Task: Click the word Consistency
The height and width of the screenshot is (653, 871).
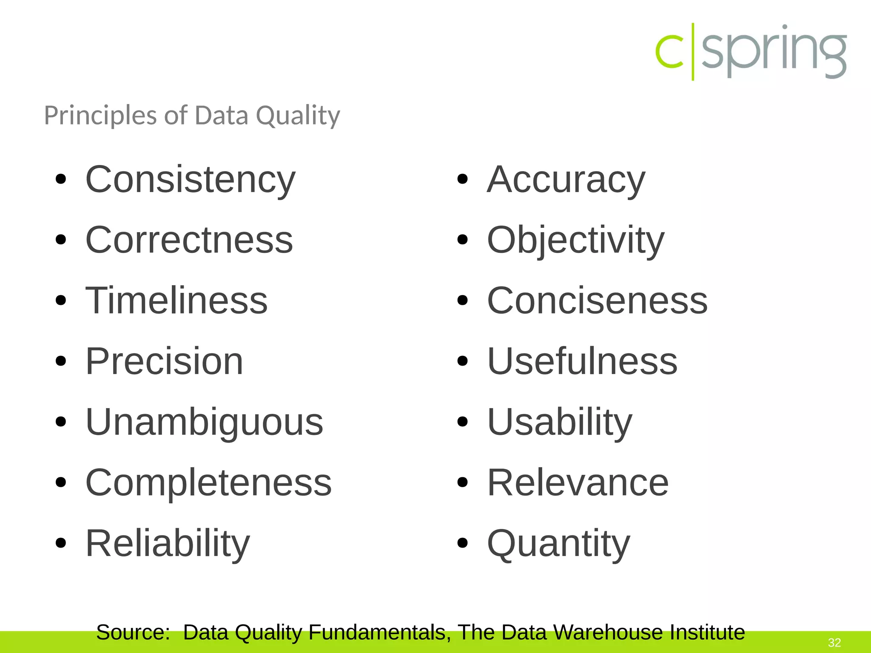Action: tap(190, 180)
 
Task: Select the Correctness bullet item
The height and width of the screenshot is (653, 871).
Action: tap(189, 240)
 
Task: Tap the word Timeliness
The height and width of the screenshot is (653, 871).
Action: tap(176, 301)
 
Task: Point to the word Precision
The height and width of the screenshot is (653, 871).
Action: tap(164, 361)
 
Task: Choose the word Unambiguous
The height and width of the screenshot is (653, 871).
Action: tap(204, 422)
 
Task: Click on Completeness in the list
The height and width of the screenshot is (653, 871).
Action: tap(208, 483)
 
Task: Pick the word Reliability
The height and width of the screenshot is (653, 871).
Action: tap(168, 543)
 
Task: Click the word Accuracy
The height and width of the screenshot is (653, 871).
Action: tap(566, 180)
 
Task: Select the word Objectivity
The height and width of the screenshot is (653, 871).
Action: tap(575, 240)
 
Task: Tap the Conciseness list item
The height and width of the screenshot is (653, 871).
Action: tap(597, 301)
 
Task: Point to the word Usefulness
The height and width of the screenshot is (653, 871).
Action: tap(582, 361)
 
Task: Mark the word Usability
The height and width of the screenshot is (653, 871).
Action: tap(560, 422)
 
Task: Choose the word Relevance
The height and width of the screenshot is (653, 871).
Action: tap(578, 483)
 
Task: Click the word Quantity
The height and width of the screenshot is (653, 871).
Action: tap(558, 543)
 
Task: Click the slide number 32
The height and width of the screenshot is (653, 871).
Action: tap(834, 642)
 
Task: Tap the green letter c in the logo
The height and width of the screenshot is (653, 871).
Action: tap(669, 51)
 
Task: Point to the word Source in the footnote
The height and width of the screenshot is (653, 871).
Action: tap(133, 632)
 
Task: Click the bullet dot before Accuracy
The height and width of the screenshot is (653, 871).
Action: tap(462, 180)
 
